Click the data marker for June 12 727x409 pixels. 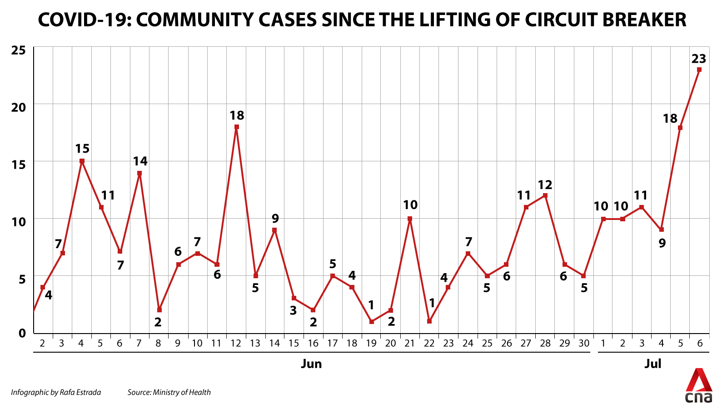[237, 127]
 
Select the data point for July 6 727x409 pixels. [699, 70]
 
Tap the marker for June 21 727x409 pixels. [410, 219]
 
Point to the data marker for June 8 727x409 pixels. [159, 310]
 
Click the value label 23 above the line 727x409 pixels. [699, 59]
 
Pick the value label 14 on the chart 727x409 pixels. [140, 161]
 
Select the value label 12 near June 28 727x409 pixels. [545, 185]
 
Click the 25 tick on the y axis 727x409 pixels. [18, 50]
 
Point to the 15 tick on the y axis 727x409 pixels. [18, 165]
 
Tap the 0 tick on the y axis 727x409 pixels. [22, 333]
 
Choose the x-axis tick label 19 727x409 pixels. [371, 343]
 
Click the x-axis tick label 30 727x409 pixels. [584, 343]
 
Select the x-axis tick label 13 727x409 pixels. [255, 343]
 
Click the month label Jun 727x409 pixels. [311, 364]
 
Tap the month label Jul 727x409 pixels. [652, 364]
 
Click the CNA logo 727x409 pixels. [699, 386]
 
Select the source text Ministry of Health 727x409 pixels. [182, 393]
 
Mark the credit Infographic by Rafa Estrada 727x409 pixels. [56, 393]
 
